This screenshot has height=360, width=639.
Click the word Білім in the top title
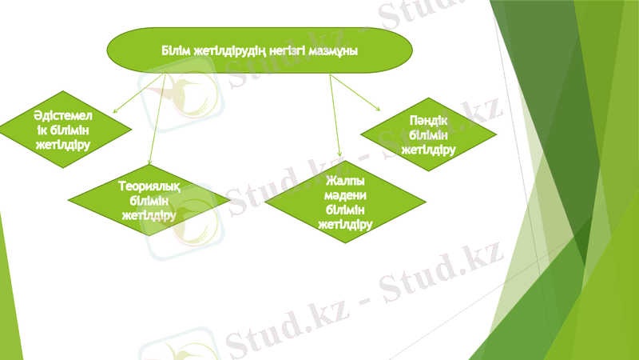[175, 50]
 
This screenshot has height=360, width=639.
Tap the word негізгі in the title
[282, 50]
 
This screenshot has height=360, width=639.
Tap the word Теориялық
[149, 186]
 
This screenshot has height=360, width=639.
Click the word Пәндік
[427, 121]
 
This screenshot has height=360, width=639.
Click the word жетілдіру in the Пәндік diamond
[428, 149]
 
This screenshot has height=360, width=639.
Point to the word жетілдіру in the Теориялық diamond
[149, 214]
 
